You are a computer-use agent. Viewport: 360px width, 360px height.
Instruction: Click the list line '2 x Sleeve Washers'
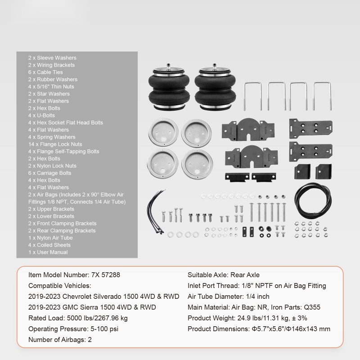point(52,58)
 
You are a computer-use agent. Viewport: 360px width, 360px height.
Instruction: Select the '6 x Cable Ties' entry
point(45,72)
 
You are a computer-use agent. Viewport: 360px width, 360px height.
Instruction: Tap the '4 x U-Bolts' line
point(42,116)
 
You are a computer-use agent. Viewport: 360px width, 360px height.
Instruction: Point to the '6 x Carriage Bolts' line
point(49,173)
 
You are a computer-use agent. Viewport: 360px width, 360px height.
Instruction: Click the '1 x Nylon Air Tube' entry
point(50,238)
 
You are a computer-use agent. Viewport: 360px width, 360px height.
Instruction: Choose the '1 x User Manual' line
point(48,252)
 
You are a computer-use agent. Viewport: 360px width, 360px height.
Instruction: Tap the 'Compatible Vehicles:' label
point(59,286)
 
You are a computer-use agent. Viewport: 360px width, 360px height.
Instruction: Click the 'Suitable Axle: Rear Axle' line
point(223,275)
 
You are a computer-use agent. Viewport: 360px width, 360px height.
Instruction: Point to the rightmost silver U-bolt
point(322,94)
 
